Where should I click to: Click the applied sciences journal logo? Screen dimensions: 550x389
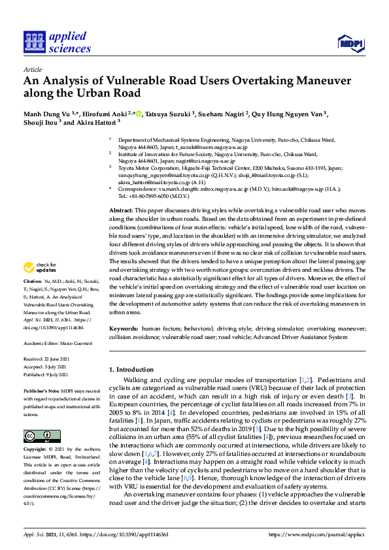tap(57, 42)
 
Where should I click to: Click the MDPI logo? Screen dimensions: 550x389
tap(349, 43)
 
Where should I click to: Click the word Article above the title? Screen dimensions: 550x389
tap(32, 69)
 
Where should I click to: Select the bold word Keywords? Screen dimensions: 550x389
tap(123, 329)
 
